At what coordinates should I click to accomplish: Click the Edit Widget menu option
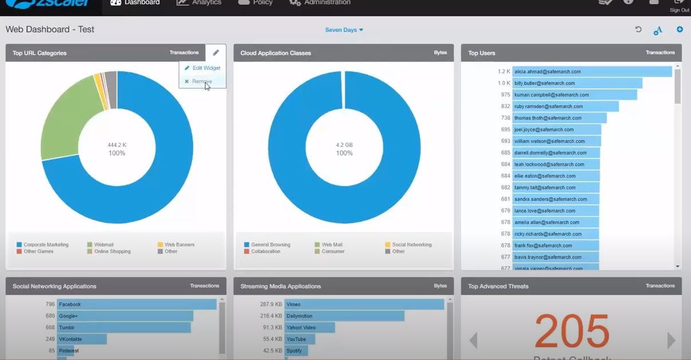pos(203,68)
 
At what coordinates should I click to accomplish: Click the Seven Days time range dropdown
pos(344,30)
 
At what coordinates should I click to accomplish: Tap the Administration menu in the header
pos(326,3)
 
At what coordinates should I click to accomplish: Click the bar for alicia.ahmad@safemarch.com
pos(591,72)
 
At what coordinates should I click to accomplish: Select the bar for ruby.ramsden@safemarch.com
pos(565,106)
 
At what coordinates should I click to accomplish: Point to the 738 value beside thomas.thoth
pos(505,118)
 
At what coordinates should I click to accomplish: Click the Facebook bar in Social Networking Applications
pos(136,304)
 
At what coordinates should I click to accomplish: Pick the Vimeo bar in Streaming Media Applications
pos(364,304)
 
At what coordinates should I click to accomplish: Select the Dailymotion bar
pos(344,316)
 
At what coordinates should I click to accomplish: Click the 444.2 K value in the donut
pos(117,145)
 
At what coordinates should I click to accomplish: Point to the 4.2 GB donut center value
pos(344,145)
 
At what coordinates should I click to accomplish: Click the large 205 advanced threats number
pos(572,332)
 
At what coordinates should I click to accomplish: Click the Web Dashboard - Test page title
pos(50,30)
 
